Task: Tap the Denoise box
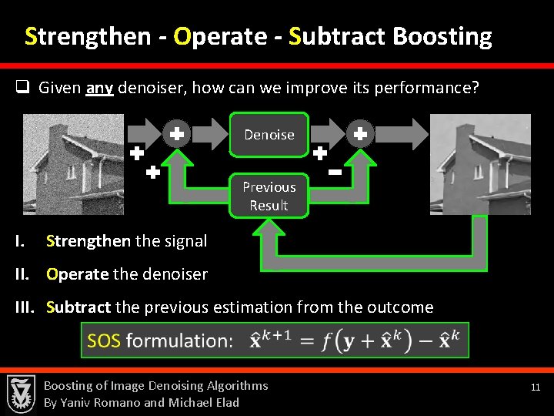(269, 135)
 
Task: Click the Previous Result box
(269, 196)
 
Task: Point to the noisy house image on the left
(73, 163)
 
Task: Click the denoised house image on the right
(479, 163)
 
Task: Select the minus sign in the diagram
(335, 173)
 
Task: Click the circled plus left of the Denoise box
(176, 134)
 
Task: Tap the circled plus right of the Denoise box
(359, 134)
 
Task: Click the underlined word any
(100, 88)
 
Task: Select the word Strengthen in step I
(88, 241)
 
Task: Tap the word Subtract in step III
(78, 307)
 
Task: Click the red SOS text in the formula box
(104, 341)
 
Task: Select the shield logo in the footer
(20, 393)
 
